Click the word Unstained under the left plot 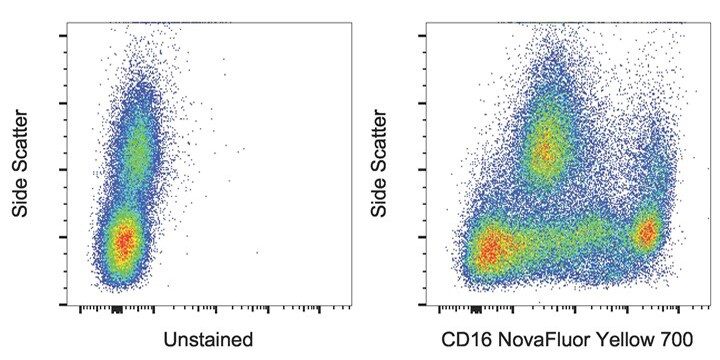209,338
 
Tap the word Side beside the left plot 19,201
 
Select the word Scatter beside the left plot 19,146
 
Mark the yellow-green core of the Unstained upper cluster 136,152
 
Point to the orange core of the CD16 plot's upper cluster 545,150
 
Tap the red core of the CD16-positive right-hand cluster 647,233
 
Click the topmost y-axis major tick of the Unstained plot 64,35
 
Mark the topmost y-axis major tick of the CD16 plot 424,35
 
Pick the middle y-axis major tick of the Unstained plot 64,169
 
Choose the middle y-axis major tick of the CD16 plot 424,169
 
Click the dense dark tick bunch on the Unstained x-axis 117,309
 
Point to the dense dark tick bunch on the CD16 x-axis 475,309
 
